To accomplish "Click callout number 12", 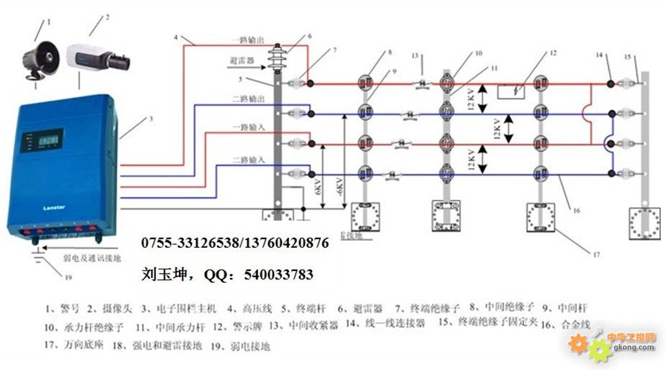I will [x=553, y=53].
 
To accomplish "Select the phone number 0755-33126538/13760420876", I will [x=235, y=244].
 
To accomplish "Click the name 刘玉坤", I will [x=159, y=274].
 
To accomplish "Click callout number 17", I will [x=595, y=253].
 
